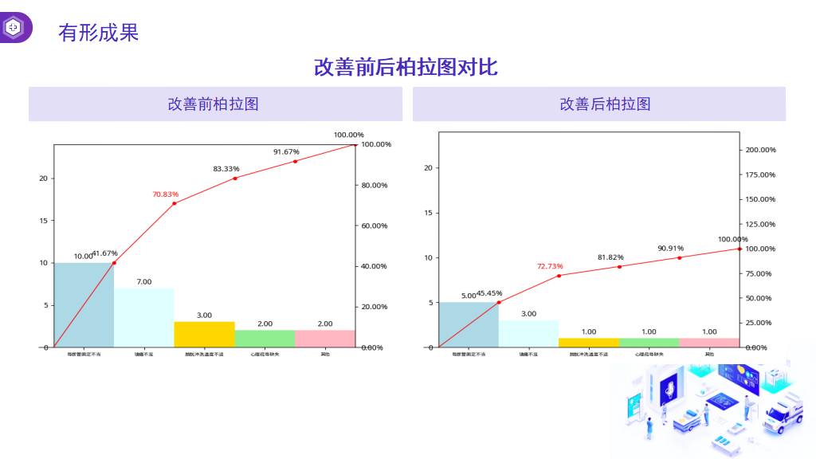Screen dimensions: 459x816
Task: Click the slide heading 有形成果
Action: [98, 33]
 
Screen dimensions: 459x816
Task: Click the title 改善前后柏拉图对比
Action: [406, 67]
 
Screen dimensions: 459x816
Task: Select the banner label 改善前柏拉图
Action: [213, 104]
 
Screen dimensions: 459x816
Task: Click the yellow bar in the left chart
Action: [204, 335]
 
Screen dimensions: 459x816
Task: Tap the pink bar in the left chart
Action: [324, 339]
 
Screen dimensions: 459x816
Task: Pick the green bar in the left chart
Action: [265, 339]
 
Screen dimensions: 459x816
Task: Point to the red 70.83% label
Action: [166, 194]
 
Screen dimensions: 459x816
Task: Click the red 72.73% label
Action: [550, 266]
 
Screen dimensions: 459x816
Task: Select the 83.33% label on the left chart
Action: [226, 169]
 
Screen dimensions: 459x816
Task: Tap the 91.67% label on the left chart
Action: [286, 151]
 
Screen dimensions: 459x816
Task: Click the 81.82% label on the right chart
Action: [610, 257]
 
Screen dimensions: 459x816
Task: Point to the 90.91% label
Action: [670, 248]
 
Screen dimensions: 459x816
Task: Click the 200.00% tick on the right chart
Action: [759, 150]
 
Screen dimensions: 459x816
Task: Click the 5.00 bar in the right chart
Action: [469, 325]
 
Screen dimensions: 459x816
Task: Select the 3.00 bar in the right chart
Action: [528, 334]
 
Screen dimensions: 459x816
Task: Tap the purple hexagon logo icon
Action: [14, 27]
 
